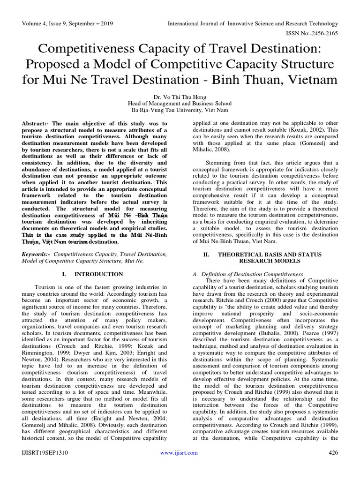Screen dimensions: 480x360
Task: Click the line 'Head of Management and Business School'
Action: coord(180,103)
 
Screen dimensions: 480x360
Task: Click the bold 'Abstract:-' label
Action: coord(37,122)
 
